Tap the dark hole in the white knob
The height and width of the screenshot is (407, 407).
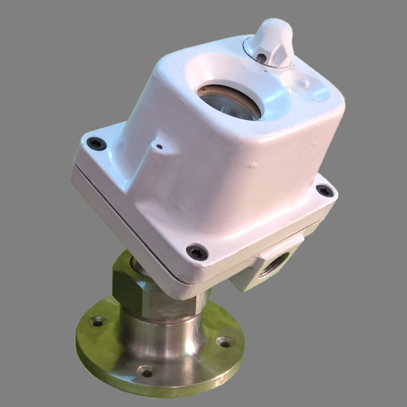pyautogui.click(x=262, y=58)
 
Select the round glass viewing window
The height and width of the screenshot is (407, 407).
pyautogui.click(x=230, y=104)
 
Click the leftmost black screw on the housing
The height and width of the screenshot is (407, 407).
pyautogui.click(x=96, y=143)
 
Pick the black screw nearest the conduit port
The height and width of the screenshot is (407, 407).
pyautogui.click(x=197, y=252)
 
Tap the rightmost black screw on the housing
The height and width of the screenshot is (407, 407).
pyautogui.click(x=326, y=191)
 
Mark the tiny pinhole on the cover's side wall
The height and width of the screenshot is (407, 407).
pyautogui.click(x=159, y=146)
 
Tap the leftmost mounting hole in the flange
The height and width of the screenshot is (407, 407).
pyautogui.click(x=99, y=322)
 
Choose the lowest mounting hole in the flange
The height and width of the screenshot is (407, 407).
pyautogui.click(x=146, y=371)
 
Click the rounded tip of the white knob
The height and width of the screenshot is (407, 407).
pyautogui.click(x=275, y=26)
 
